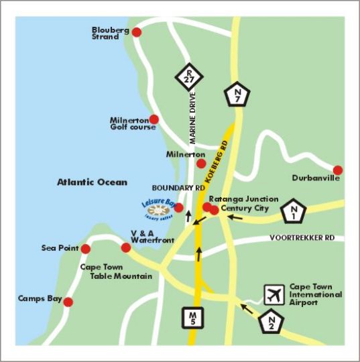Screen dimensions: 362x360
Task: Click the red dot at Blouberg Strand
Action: pyautogui.click(x=137, y=32)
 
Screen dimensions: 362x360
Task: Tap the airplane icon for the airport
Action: pyautogui.click(x=273, y=294)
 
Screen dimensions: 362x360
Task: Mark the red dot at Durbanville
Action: pyautogui.click(x=338, y=170)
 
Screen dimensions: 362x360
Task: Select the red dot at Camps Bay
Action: pyautogui.click(x=68, y=301)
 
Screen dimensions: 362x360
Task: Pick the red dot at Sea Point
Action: pyautogui.click(x=86, y=249)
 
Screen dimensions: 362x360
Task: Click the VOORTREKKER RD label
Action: pyautogui.click(x=301, y=238)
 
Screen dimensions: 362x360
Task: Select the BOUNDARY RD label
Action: pyautogui.click(x=178, y=188)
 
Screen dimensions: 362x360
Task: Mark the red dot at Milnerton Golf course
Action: pyautogui.click(x=154, y=119)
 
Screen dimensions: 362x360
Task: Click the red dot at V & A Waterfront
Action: pyautogui.click(x=125, y=247)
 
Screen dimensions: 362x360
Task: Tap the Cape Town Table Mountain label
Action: pyautogui.click(x=116, y=271)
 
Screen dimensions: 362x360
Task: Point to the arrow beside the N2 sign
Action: pyautogui.click(x=247, y=309)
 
